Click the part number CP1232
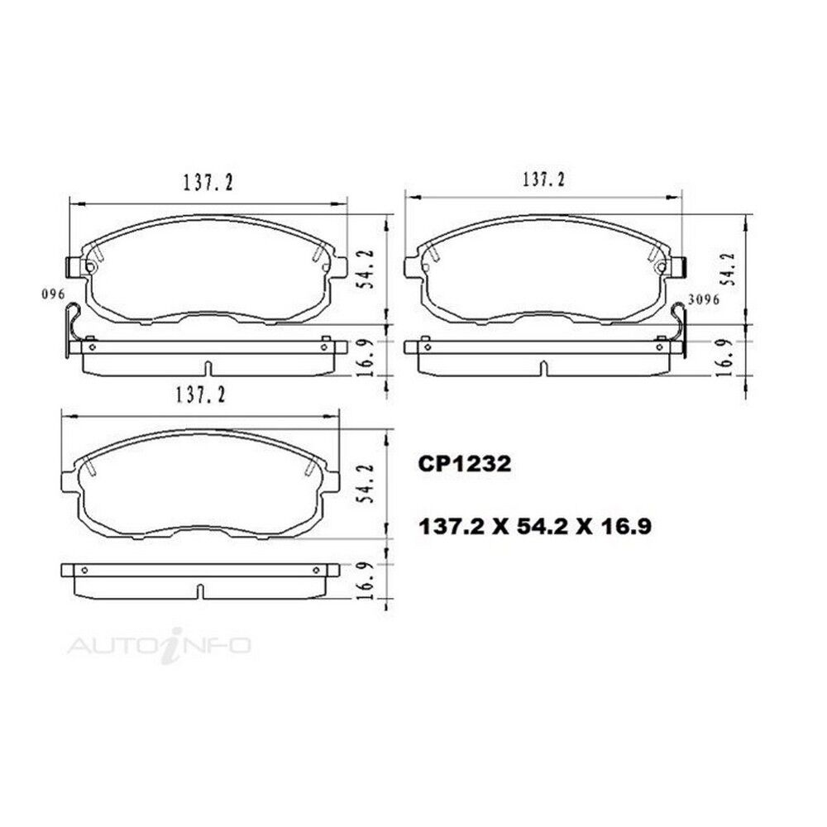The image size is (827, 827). point(464,464)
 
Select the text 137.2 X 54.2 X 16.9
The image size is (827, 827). point(534,526)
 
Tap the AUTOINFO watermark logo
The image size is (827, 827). point(160,645)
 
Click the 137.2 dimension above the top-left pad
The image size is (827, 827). point(208,183)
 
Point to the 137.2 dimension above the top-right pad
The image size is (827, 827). point(543,179)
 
